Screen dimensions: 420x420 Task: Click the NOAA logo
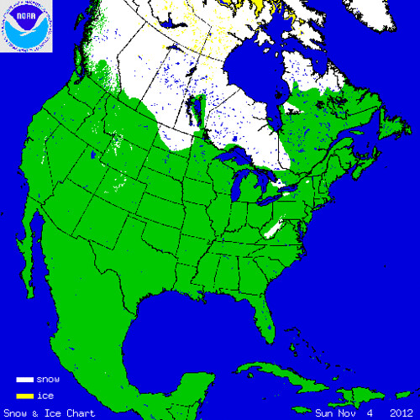click(x=27, y=26)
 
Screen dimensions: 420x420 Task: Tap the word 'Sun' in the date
click(x=324, y=412)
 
